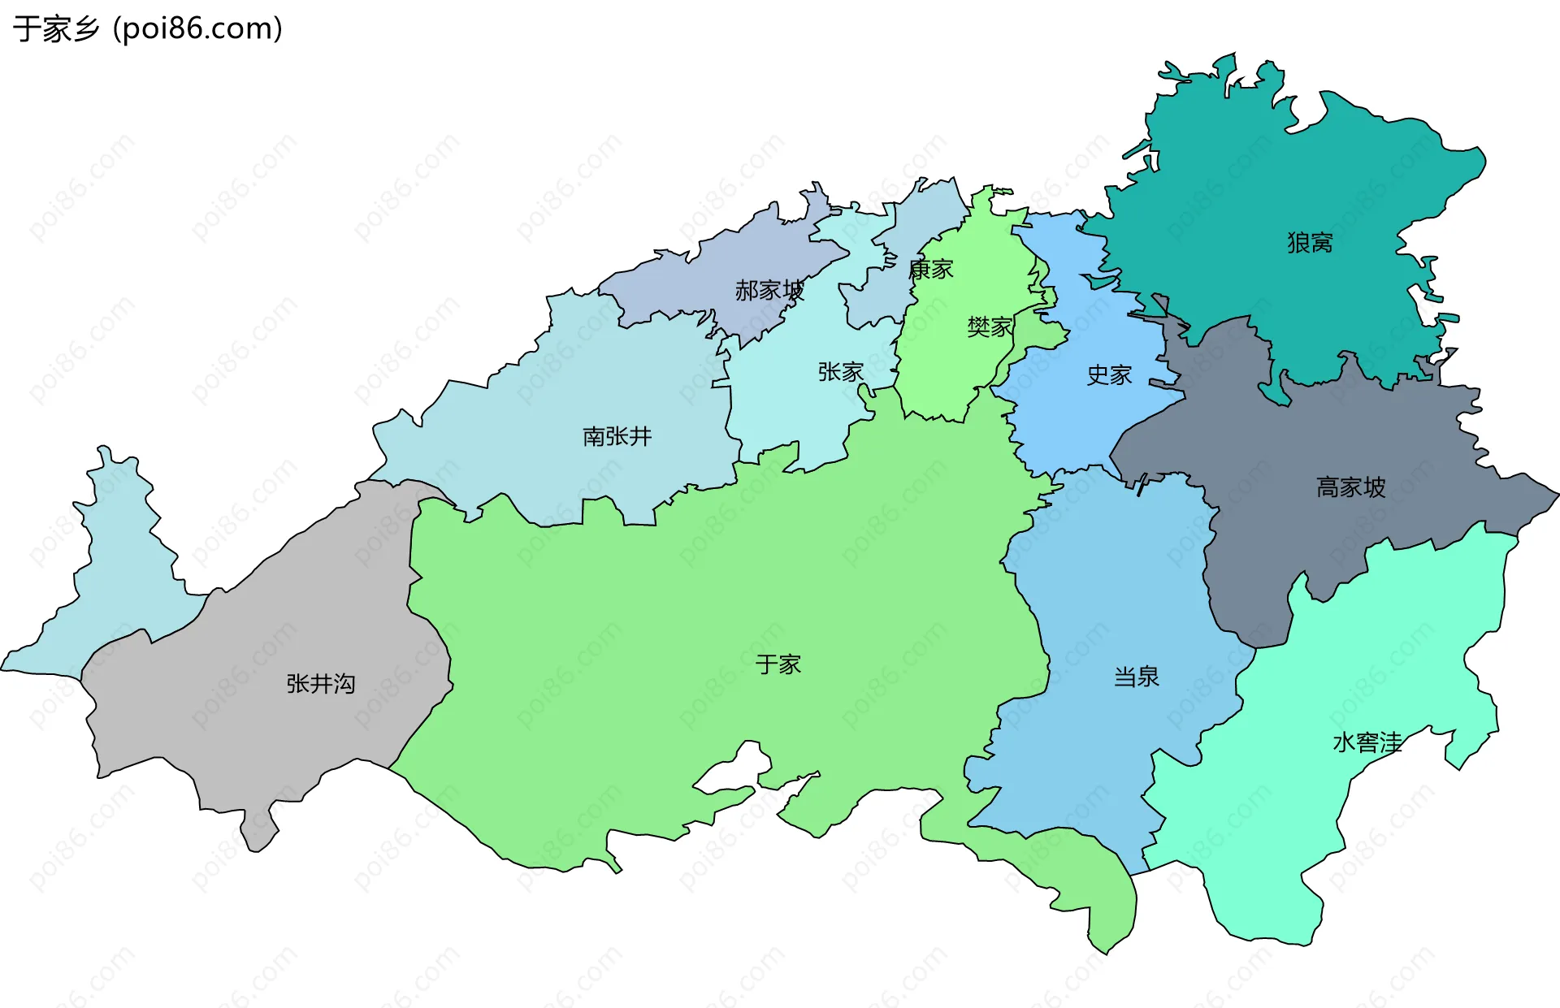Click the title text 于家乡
[55, 29]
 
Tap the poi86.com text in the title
[197, 29]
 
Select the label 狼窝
[1310, 242]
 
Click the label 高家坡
[1350, 487]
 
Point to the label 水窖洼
[1367, 742]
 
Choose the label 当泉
[1136, 677]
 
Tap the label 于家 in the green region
[778, 664]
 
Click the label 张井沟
[320, 684]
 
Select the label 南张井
[617, 436]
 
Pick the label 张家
[840, 372]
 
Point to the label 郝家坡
[769, 290]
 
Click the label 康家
[931, 269]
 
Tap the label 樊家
[989, 327]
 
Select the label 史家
[1109, 375]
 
